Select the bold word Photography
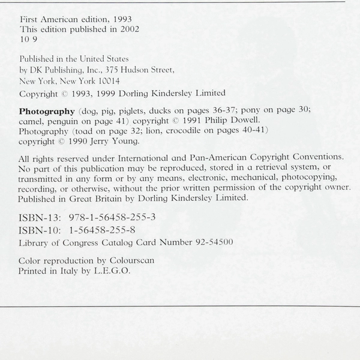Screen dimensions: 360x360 (x=47, y=111)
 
